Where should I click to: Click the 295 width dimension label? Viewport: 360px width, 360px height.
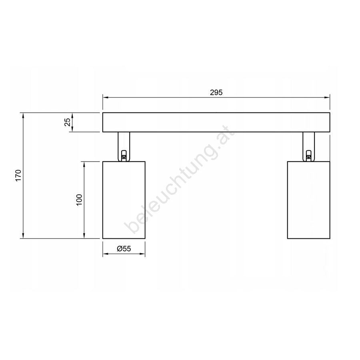[216, 92]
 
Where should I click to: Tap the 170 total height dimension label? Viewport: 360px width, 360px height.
[18, 175]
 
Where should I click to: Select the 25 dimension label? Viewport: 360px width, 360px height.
[68, 122]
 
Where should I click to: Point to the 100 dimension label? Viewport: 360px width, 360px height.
[79, 200]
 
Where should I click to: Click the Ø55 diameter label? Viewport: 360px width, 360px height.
[124, 248]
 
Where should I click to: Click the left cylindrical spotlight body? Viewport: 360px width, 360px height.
[124, 200]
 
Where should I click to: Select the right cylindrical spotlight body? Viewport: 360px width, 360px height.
[308, 200]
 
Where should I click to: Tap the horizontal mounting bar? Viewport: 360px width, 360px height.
[216, 122]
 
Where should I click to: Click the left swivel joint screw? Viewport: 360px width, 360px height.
[124, 156]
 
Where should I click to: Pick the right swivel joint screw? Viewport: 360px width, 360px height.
[309, 156]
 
